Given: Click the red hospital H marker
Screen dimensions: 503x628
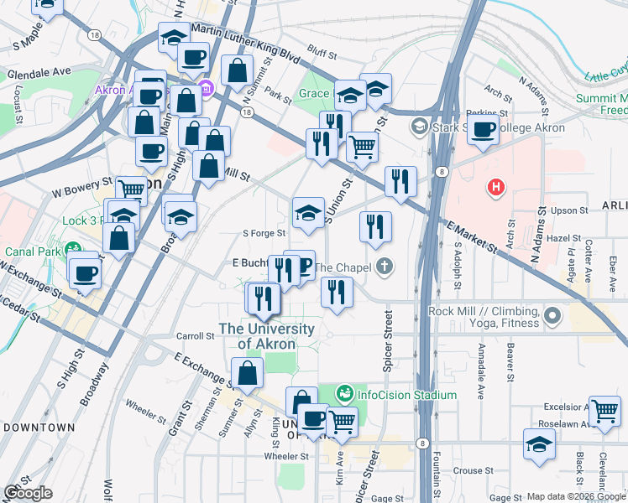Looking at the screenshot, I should coord(497,187).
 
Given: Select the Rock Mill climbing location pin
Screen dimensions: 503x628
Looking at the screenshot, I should coord(552,316).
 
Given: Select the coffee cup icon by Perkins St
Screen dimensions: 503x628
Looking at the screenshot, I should coord(483,128).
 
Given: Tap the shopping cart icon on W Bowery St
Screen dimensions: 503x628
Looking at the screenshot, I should coord(131,189).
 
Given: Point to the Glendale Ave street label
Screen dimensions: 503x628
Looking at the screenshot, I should coord(39,73).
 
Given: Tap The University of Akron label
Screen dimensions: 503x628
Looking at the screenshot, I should coord(266,336).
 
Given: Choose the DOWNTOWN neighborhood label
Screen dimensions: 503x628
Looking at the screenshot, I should coord(39,427).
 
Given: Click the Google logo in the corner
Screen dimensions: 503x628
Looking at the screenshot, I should coord(29,493).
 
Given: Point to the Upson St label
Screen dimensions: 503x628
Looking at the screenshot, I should coord(565,211).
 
